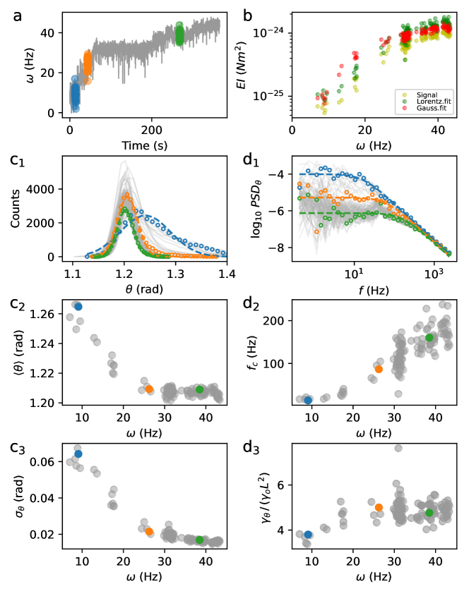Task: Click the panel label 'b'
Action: tap(248, 13)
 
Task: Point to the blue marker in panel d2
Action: tap(309, 400)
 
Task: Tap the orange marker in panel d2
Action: tap(379, 369)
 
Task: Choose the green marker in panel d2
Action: tap(429, 338)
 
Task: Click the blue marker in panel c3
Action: tap(78, 454)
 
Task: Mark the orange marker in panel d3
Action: tap(379, 507)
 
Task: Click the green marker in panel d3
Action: tap(429, 513)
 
